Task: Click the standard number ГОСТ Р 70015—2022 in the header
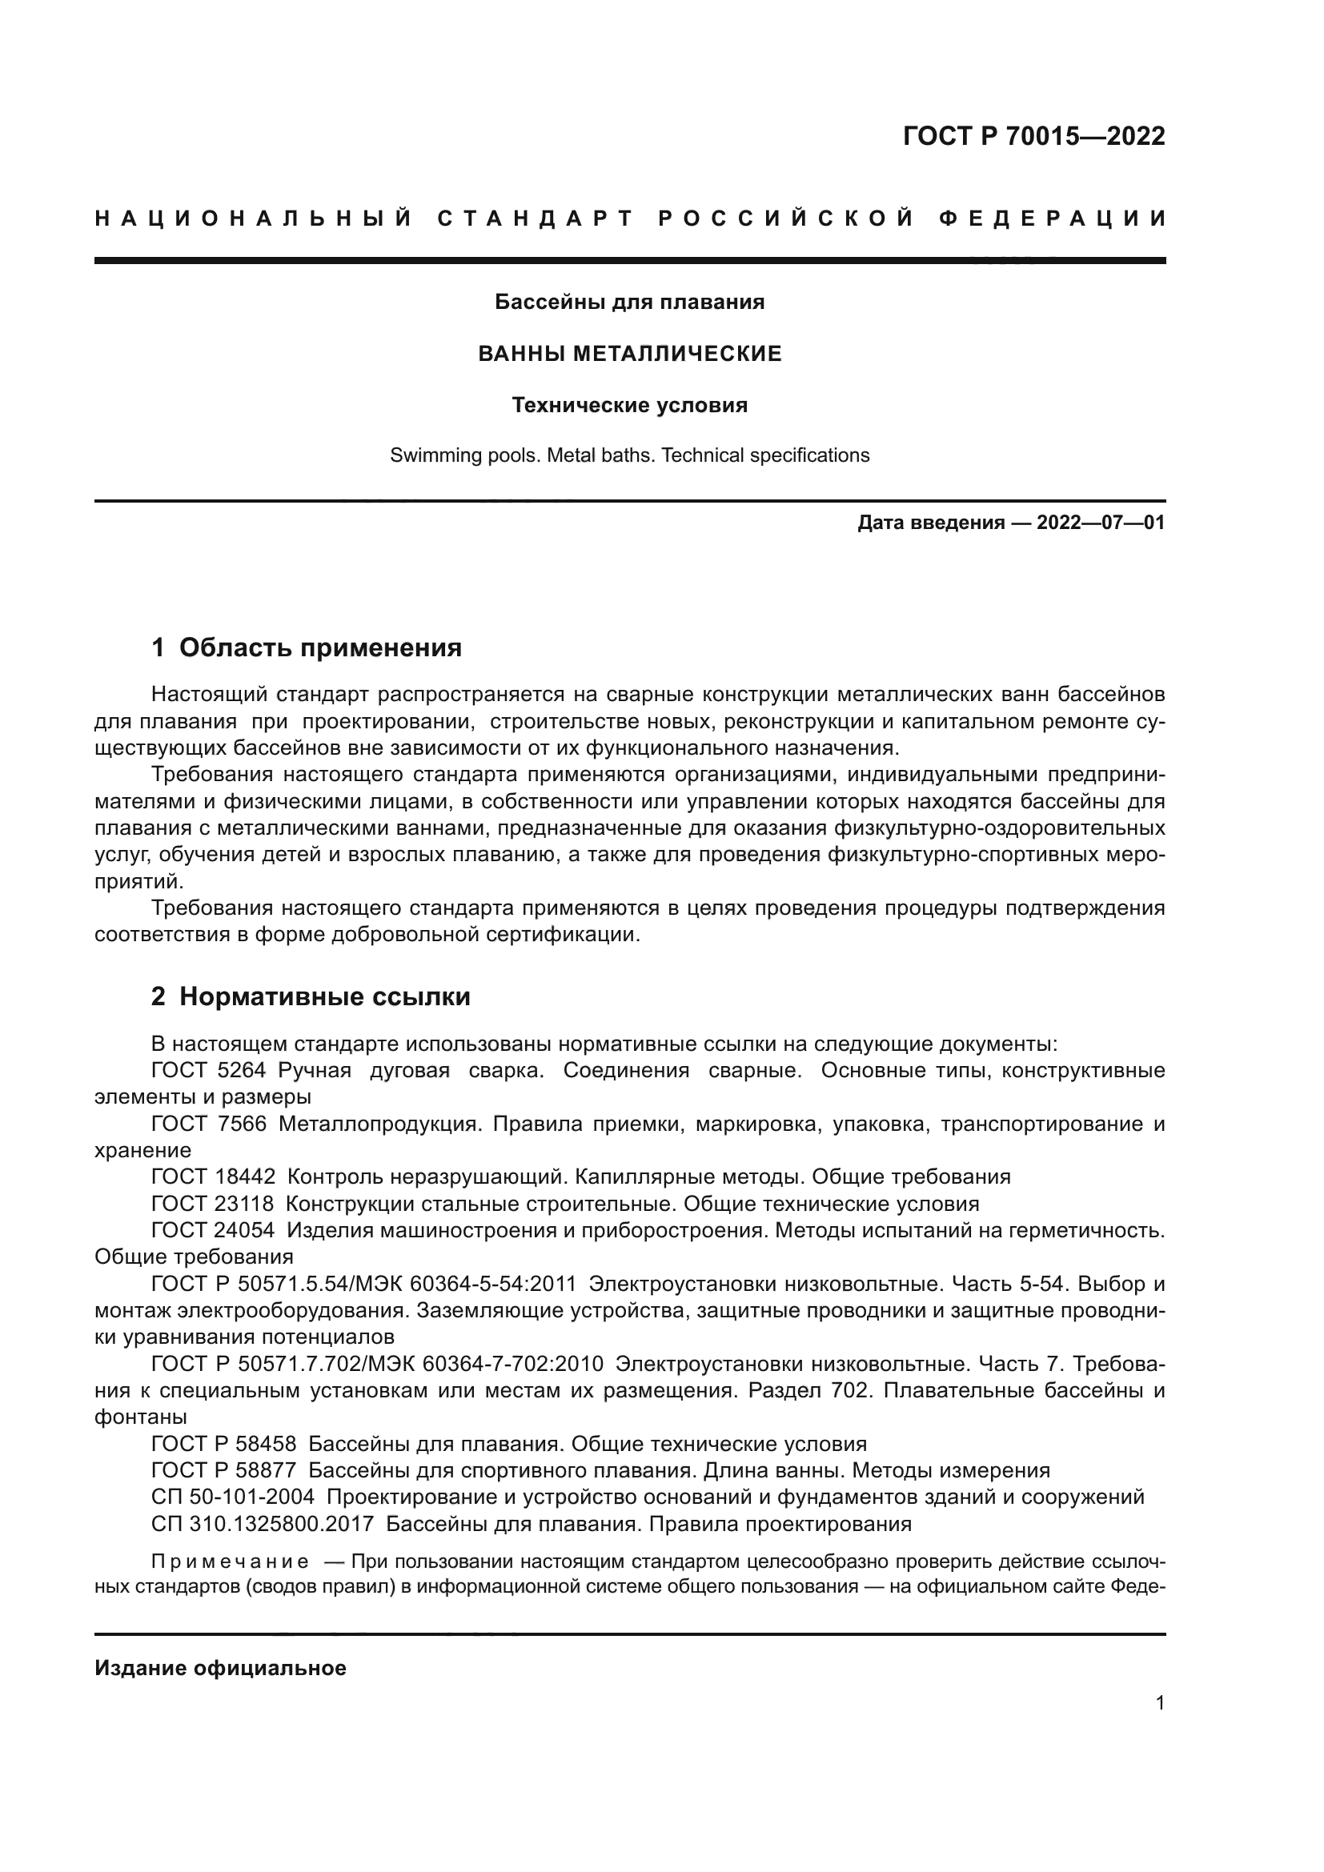pyautogui.click(x=1033, y=136)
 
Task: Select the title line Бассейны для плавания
pyautogui.click(x=629, y=303)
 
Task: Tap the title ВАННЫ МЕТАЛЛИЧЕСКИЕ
pyautogui.click(x=629, y=354)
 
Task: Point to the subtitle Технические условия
pyautogui.click(x=629, y=405)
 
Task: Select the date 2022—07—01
pyautogui.click(x=1101, y=523)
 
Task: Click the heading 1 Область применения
pyautogui.click(x=307, y=648)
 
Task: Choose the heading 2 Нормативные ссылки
pyautogui.click(x=311, y=996)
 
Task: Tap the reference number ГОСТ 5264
pyautogui.click(x=209, y=1071)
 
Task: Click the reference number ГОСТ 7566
pyautogui.click(x=209, y=1124)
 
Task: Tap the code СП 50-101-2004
pyautogui.click(x=232, y=1497)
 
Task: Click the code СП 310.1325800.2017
pyautogui.click(x=263, y=1524)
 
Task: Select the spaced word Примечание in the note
pyautogui.click(x=230, y=1562)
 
